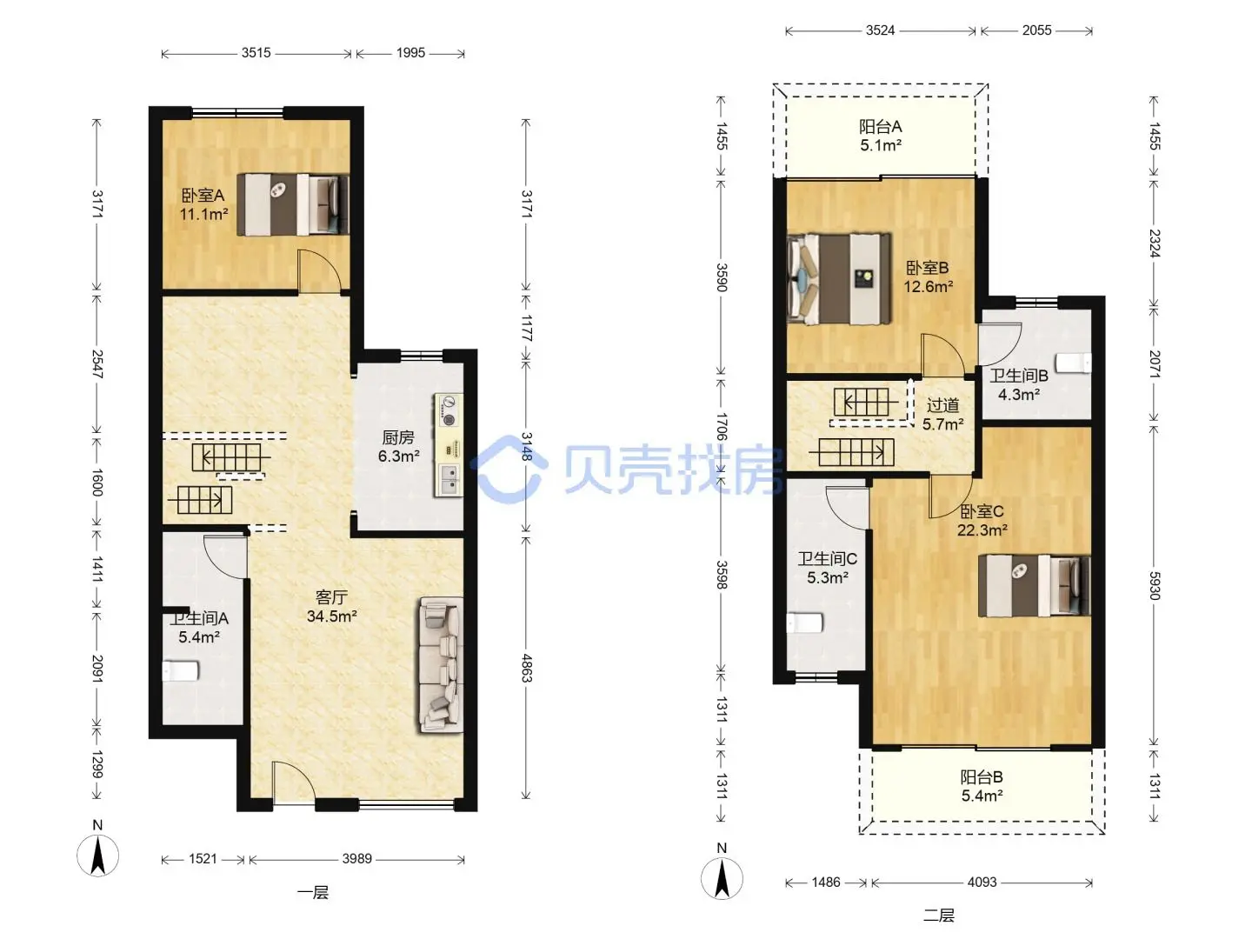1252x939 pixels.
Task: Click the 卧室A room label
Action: pyautogui.click(x=203, y=196)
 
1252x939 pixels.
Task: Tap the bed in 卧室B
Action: pyautogui.click(x=838, y=279)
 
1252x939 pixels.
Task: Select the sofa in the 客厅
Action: pyautogui.click(x=441, y=665)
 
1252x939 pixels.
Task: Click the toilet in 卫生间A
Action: pyautogui.click(x=180, y=671)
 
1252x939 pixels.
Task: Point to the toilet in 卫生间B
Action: pyautogui.click(x=1074, y=363)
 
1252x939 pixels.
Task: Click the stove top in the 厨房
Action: pyautogui.click(x=449, y=411)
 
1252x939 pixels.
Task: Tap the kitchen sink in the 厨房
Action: pyautogui.click(x=449, y=480)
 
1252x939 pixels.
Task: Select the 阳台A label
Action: pyautogui.click(x=880, y=127)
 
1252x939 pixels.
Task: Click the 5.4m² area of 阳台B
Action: pyautogui.click(x=982, y=796)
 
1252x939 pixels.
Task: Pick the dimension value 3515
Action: pyautogui.click(x=256, y=53)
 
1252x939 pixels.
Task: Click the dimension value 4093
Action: pyautogui.click(x=982, y=882)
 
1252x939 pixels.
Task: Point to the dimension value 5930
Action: pyautogui.click(x=1154, y=585)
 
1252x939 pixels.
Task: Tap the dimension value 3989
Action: pyautogui.click(x=356, y=859)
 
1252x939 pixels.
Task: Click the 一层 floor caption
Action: pyautogui.click(x=313, y=893)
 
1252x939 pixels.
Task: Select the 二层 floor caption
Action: pyautogui.click(x=939, y=916)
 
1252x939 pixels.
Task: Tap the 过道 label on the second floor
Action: pyautogui.click(x=942, y=405)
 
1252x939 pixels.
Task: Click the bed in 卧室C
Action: pyautogui.click(x=1034, y=585)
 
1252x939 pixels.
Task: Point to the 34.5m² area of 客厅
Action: pyautogui.click(x=332, y=616)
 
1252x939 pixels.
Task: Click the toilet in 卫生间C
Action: pyautogui.click(x=804, y=623)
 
